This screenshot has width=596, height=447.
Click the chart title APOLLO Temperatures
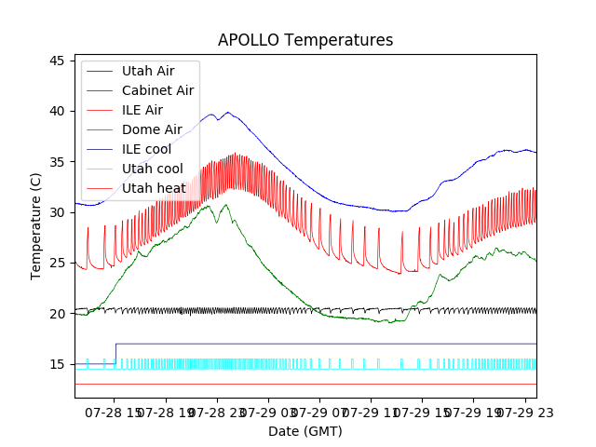pyautogui.click(x=305, y=40)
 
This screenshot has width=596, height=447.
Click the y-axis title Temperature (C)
pyautogui.click(x=36, y=226)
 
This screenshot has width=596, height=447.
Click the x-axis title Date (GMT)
pyautogui.click(x=305, y=431)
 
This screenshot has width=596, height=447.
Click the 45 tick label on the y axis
pyautogui.click(x=57, y=61)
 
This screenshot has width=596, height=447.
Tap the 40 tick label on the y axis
pyautogui.click(x=57, y=111)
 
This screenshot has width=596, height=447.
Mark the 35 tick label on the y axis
pyautogui.click(x=57, y=162)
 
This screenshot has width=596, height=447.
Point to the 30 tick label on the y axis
pyautogui.click(x=57, y=212)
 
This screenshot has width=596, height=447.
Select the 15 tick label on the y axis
pyautogui.click(x=57, y=364)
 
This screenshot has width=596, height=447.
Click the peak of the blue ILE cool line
pyautogui.click(x=227, y=113)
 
